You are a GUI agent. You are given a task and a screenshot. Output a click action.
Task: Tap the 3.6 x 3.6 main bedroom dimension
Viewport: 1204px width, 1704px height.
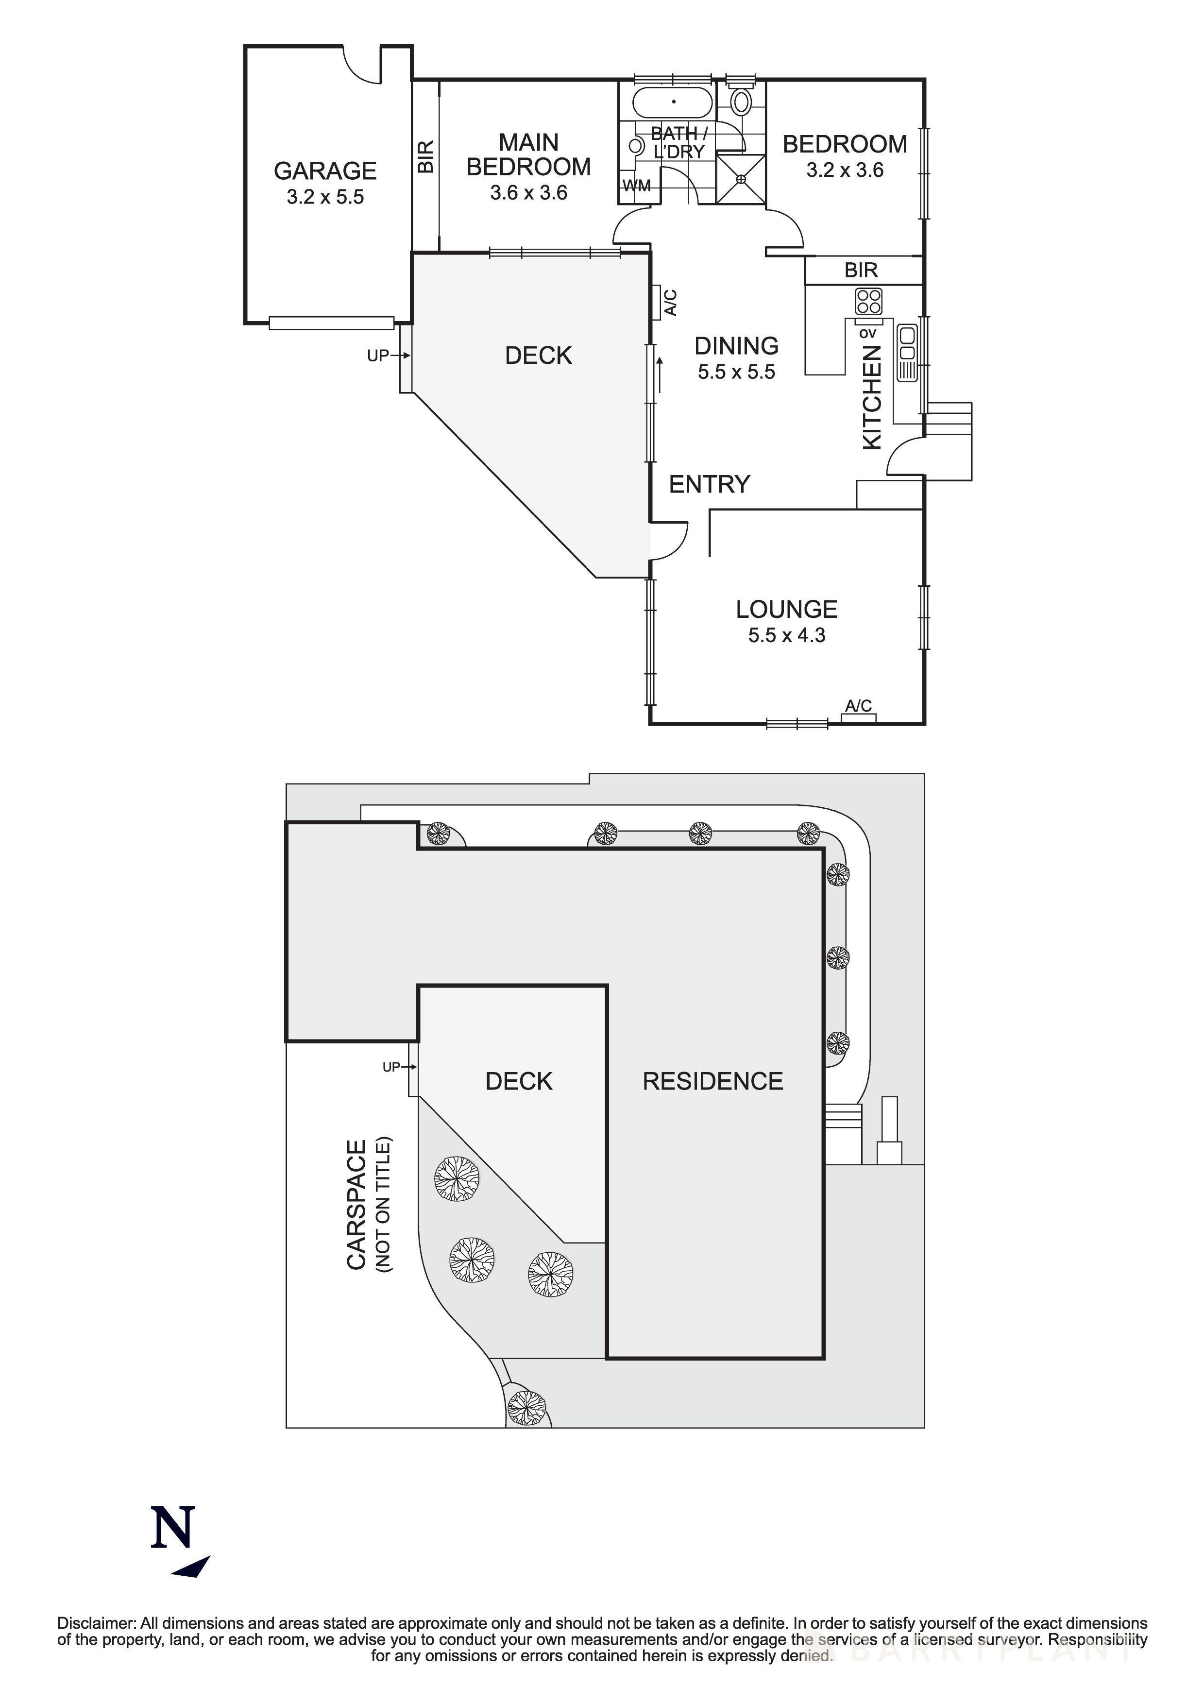pos(528,193)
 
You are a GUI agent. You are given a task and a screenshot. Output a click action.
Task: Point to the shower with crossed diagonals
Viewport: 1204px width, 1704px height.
pos(740,179)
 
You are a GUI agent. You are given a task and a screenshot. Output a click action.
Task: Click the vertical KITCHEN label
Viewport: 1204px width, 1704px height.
pos(872,397)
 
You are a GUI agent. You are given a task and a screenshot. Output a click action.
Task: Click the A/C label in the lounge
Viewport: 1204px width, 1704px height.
pos(858,706)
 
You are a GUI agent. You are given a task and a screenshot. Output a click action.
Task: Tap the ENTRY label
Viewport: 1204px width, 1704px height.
pos(709,485)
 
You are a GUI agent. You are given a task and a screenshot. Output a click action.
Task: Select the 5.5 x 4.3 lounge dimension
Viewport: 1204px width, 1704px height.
pos(786,635)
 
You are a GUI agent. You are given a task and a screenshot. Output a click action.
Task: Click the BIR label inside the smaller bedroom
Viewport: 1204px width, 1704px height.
pos(861,270)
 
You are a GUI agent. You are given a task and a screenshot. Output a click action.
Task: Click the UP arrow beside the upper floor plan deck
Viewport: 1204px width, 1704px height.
pos(388,356)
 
